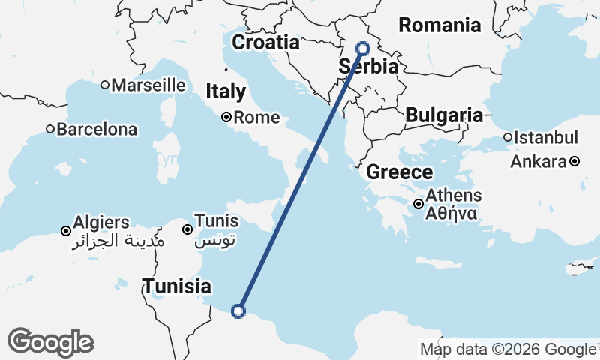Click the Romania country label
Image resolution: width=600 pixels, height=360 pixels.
[x=439, y=25]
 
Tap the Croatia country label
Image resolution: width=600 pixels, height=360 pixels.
[x=265, y=43]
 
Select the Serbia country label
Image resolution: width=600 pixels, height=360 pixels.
[x=368, y=67]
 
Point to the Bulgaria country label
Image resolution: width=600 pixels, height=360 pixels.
[x=443, y=115]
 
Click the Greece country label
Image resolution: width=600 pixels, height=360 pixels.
[x=399, y=172]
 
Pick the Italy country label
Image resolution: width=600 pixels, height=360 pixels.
[x=226, y=91]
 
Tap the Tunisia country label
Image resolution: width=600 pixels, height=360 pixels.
[x=177, y=286]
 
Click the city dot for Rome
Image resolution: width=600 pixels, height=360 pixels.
[x=226, y=117]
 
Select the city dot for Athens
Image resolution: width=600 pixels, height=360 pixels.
[x=418, y=203]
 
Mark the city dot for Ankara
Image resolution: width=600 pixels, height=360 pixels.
[x=574, y=161]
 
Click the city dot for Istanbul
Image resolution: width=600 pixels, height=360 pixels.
[x=508, y=138]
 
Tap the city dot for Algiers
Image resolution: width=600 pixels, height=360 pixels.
[x=66, y=230]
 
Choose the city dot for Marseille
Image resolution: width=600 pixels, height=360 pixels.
[x=105, y=85]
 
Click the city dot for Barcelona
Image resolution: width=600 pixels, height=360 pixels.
[x=50, y=129]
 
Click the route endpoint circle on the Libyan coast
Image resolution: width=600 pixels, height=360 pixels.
[x=238, y=310]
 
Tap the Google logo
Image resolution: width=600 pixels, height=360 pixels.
[x=50, y=342]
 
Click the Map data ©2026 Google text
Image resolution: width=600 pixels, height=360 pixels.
[x=508, y=349]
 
